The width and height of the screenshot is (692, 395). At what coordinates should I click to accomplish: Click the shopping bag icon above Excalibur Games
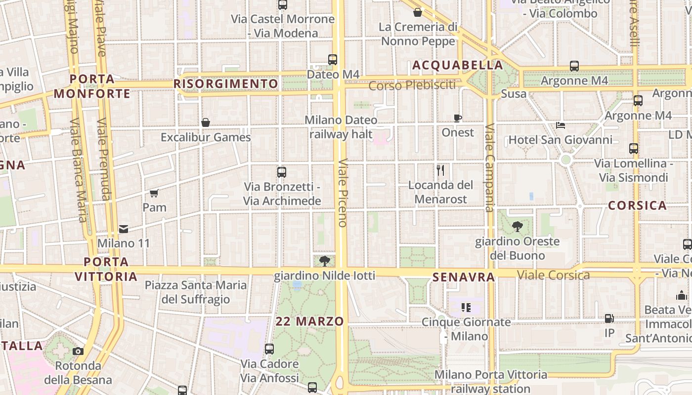[206, 122]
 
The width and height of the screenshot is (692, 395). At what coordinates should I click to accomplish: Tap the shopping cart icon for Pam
[154, 193]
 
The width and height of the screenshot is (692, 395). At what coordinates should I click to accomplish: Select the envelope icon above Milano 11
[124, 229]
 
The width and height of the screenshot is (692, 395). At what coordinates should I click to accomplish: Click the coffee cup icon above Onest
[458, 118]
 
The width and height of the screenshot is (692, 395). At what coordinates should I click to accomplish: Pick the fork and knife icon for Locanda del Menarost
[440, 170]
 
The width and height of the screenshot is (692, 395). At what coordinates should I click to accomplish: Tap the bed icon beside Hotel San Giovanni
[561, 125]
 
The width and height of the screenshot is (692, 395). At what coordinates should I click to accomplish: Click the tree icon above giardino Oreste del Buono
[518, 227]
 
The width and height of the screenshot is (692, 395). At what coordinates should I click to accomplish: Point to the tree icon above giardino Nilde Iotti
[324, 261]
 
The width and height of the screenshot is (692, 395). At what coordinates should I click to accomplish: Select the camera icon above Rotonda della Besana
[78, 352]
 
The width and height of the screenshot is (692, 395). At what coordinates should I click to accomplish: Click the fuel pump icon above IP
[609, 319]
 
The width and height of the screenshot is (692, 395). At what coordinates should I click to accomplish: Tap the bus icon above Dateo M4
[333, 60]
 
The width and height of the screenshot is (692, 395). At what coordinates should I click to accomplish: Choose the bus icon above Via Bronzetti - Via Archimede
[282, 172]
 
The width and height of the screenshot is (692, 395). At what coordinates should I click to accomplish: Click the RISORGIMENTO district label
[226, 84]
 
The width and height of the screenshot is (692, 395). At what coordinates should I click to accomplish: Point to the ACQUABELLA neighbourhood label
[457, 65]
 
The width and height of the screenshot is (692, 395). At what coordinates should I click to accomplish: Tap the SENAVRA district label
[463, 277]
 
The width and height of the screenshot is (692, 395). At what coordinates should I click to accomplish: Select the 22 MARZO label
[309, 321]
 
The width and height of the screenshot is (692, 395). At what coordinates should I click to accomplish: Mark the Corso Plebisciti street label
[412, 85]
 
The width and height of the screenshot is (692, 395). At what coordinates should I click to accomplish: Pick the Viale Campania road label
[489, 168]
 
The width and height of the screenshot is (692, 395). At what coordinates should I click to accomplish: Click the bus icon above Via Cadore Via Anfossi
[269, 349]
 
